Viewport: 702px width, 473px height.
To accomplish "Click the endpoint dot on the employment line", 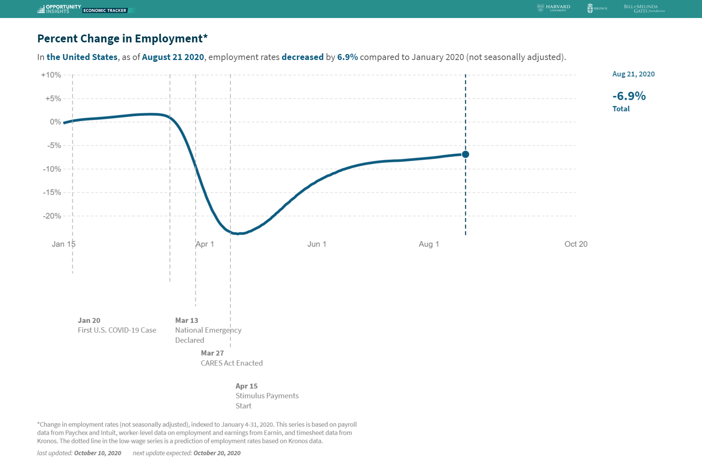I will tap(465, 154).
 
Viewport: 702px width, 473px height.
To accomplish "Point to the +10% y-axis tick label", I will tap(51, 75).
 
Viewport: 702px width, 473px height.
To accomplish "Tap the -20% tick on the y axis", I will tap(52, 216).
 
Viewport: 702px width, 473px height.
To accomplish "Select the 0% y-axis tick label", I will tap(55, 122).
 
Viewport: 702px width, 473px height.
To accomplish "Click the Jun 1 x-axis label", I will tap(316, 244).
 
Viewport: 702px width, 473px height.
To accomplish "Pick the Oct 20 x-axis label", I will tap(575, 244).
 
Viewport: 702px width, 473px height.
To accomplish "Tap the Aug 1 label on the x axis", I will tap(429, 244).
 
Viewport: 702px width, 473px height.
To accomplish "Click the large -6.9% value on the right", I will tap(629, 96).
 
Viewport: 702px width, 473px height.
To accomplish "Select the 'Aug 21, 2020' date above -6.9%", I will tap(633, 74).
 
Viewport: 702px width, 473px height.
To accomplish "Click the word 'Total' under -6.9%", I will tap(621, 109).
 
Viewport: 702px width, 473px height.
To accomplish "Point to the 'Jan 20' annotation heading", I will tap(89, 320).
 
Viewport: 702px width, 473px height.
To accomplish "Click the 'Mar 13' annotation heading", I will tap(187, 320).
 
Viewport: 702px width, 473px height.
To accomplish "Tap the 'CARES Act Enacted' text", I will tap(232, 363).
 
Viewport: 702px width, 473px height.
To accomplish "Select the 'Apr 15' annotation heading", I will tap(247, 386).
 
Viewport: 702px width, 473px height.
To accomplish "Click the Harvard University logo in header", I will tap(554, 8).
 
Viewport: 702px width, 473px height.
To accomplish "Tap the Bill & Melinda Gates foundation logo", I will tap(644, 9).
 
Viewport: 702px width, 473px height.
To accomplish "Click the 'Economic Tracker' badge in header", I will tap(105, 11).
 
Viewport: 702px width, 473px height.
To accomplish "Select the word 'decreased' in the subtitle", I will tap(302, 57).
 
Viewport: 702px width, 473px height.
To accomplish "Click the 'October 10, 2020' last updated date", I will tap(98, 453).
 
